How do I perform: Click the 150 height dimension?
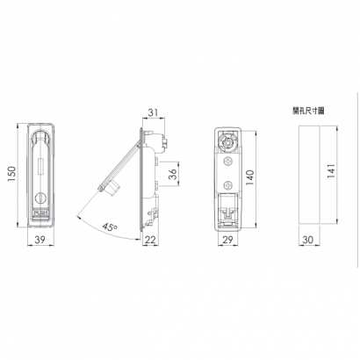pos(12,175)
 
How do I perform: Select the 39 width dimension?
pos(40,240)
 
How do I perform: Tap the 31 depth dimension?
pos(153,112)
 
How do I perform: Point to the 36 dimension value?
pos(173,174)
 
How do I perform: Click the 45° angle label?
pos(110,227)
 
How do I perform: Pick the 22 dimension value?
pos(150,240)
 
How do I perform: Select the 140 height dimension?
pos(250,177)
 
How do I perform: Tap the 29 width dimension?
pos(227,240)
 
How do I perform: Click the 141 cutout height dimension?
pos(331,171)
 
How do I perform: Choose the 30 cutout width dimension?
pos(307,240)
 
